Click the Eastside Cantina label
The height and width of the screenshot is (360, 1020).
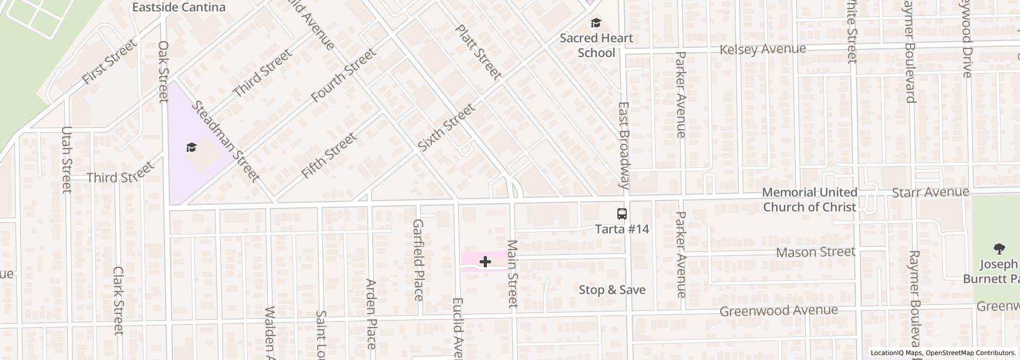pyautogui.click(x=178, y=7)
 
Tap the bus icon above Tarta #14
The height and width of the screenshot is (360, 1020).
pyautogui.click(x=622, y=214)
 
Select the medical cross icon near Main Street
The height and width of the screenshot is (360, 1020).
pyautogui.click(x=485, y=262)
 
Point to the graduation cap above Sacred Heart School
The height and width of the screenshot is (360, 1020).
pyautogui.click(x=596, y=23)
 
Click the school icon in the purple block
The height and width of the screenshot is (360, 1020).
pyautogui.click(x=192, y=148)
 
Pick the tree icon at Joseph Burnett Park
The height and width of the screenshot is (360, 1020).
pyautogui.click(x=999, y=249)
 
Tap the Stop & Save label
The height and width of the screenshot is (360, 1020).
pyautogui.click(x=612, y=290)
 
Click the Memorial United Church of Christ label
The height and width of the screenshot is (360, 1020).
pyautogui.click(x=809, y=200)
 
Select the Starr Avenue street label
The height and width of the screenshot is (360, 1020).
pyautogui.click(x=931, y=192)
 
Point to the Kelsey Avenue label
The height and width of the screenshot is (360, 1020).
pyautogui.click(x=762, y=49)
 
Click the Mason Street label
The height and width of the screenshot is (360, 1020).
pyautogui.click(x=815, y=252)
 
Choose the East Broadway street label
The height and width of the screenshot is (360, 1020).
pyautogui.click(x=624, y=145)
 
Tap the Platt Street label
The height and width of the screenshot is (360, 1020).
pyautogui.click(x=478, y=52)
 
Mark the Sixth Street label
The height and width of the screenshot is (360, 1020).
pyautogui.click(x=446, y=128)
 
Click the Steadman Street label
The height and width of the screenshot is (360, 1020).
pyautogui.click(x=225, y=141)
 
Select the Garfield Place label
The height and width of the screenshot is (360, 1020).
pyautogui.click(x=418, y=260)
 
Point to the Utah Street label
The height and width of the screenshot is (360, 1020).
pyautogui.click(x=66, y=159)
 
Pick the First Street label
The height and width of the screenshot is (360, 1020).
pyautogui.click(x=110, y=62)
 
